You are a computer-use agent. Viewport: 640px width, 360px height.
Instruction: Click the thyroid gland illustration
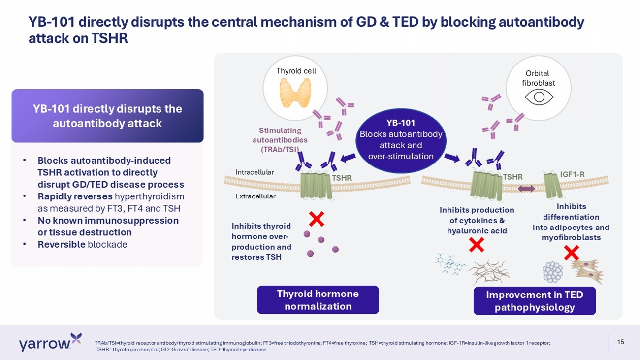295,93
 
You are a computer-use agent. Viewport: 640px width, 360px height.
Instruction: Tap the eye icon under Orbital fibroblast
539,97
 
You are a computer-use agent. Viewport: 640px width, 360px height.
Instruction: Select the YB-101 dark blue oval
401,140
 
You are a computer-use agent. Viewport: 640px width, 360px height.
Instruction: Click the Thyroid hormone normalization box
318,300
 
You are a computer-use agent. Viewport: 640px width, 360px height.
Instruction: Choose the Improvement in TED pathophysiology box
535,301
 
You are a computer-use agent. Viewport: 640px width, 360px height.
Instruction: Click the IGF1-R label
572,174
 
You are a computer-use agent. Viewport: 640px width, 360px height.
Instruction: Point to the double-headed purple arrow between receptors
526,188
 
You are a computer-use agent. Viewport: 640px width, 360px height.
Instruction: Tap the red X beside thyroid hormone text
317,219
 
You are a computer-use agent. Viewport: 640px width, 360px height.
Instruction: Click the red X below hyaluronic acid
477,245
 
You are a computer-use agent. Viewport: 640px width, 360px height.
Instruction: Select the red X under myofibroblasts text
572,253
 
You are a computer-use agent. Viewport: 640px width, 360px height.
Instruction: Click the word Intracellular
255,172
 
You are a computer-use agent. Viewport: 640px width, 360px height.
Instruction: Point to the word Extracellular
256,196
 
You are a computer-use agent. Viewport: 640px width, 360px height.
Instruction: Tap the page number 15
621,342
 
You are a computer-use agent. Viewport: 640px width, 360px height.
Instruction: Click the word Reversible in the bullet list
62,245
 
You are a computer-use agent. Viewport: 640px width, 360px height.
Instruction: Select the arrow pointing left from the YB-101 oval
348,158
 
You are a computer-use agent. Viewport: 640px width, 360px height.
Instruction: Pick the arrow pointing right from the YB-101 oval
452,158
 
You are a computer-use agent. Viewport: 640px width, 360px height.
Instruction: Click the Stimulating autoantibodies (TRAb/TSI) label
280,140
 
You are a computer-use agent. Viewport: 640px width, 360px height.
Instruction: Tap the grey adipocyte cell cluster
552,272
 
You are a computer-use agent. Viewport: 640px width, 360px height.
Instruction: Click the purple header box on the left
107,116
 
